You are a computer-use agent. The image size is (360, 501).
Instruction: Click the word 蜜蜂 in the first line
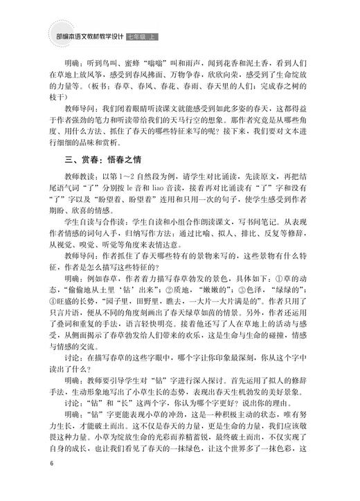coord(134,60)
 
